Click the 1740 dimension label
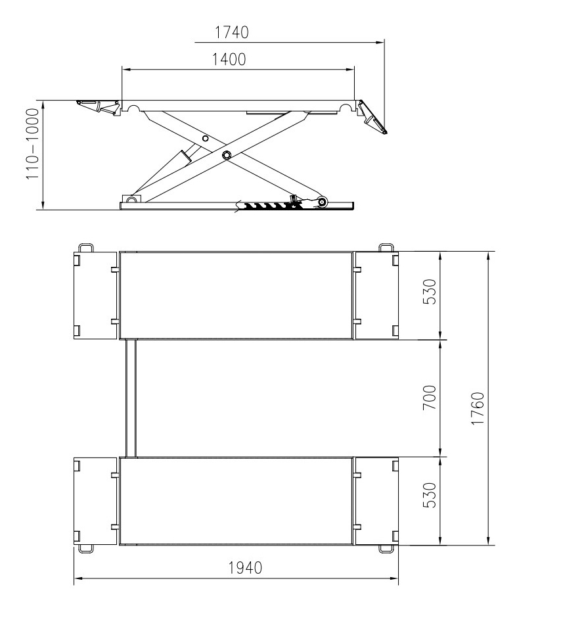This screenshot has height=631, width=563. [x=231, y=32]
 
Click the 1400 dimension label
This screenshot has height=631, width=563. [x=229, y=60]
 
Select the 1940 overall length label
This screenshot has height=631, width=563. [x=245, y=568]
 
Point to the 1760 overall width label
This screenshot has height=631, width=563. [x=478, y=408]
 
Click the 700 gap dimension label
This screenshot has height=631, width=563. [x=430, y=398]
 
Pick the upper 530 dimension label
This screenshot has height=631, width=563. [x=430, y=292]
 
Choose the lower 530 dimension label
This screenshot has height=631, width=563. [x=430, y=496]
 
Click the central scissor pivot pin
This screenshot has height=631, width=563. [x=227, y=155]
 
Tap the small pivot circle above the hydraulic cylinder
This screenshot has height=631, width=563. [x=206, y=139]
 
